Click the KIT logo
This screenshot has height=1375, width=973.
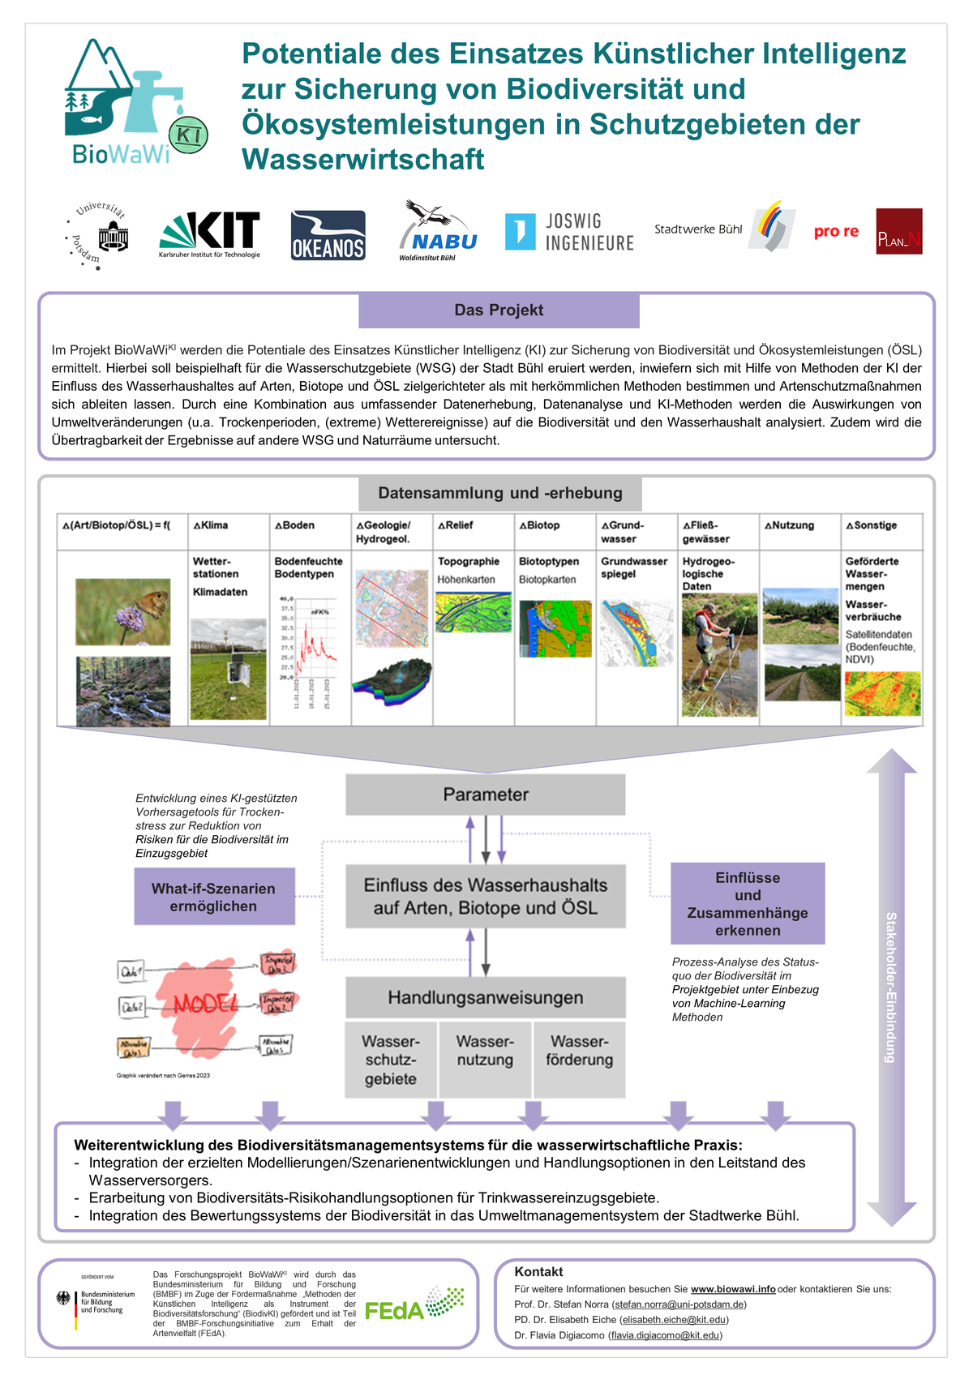click(210, 234)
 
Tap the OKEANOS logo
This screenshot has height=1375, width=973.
click(328, 235)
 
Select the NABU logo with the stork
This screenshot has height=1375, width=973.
click(438, 231)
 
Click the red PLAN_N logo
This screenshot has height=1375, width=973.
click(898, 231)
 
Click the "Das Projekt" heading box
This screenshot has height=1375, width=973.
click(499, 311)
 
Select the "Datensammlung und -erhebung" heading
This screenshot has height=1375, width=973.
click(500, 493)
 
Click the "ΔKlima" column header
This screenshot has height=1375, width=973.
click(212, 525)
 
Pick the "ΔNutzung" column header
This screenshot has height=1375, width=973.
click(787, 525)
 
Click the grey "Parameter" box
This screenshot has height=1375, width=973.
click(485, 795)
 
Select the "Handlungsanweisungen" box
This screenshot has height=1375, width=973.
click(485, 997)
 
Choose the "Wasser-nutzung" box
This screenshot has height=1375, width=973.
click(485, 1051)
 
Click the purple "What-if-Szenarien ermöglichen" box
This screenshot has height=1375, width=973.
click(214, 897)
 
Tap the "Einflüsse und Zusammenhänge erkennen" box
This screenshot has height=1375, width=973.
click(748, 903)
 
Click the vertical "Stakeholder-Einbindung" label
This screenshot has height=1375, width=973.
click(890, 987)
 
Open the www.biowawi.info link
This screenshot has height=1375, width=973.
click(733, 1289)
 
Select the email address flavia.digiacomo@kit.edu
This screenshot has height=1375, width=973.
click(663, 1335)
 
